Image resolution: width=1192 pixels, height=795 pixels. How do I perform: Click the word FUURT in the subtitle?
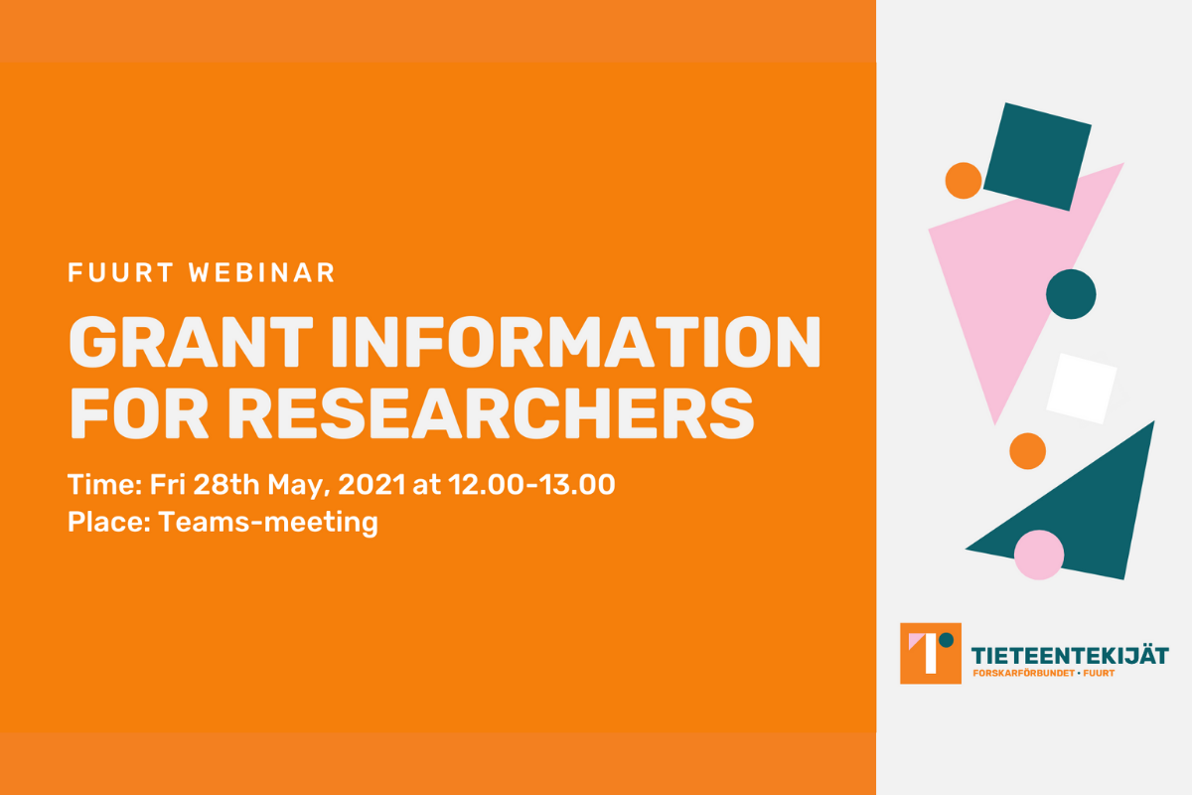[120, 272]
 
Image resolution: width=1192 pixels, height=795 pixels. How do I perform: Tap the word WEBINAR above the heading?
[262, 272]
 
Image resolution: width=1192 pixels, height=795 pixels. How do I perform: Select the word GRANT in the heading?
[191, 342]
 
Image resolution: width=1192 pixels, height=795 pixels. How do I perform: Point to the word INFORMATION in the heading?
[576, 342]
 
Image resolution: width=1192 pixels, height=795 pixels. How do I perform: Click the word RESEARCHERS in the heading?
[491, 413]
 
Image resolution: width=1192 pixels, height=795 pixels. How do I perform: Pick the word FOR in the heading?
[138, 413]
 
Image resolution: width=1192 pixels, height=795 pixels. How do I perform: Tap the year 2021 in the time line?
[372, 485]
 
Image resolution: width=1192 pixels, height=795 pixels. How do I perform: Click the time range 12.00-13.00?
[531, 485]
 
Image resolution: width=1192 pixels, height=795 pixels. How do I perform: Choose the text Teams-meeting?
[268, 523]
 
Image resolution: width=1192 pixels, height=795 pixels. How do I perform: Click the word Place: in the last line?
[109, 522]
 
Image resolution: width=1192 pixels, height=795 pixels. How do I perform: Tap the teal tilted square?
[1037, 157]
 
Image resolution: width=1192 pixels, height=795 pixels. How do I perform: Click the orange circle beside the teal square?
[964, 181]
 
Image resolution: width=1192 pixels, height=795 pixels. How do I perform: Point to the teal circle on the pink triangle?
[1071, 294]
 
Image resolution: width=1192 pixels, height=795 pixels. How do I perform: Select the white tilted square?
[1082, 389]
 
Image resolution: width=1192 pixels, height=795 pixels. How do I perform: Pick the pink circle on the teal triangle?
[1039, 555]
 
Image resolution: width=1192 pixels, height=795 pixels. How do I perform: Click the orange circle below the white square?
[1027, 451]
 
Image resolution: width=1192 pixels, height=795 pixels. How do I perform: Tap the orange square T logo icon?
[931, 653]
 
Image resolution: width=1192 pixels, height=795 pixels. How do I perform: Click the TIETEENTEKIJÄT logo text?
[1070, 656]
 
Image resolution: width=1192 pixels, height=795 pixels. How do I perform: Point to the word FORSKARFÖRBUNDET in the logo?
[1023, 673]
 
